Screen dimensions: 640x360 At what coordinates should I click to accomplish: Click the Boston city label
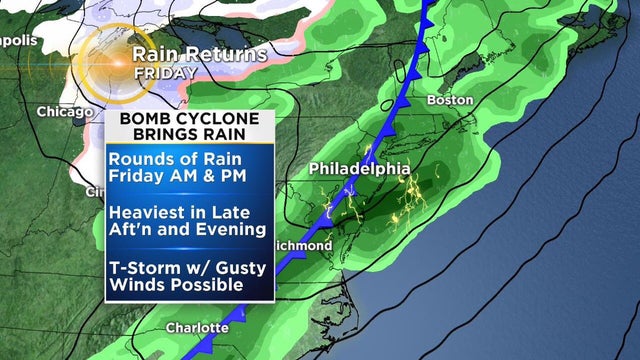point(449,100)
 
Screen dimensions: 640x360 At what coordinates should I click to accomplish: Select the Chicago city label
point(64,111)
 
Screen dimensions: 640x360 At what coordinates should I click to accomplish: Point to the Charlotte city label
point(196,327)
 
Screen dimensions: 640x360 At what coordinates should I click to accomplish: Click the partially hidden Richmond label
point(301,245)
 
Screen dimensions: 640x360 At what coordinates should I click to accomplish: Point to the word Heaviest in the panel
point(146,211)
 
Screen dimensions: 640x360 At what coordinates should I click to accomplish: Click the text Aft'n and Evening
point(186,231)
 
